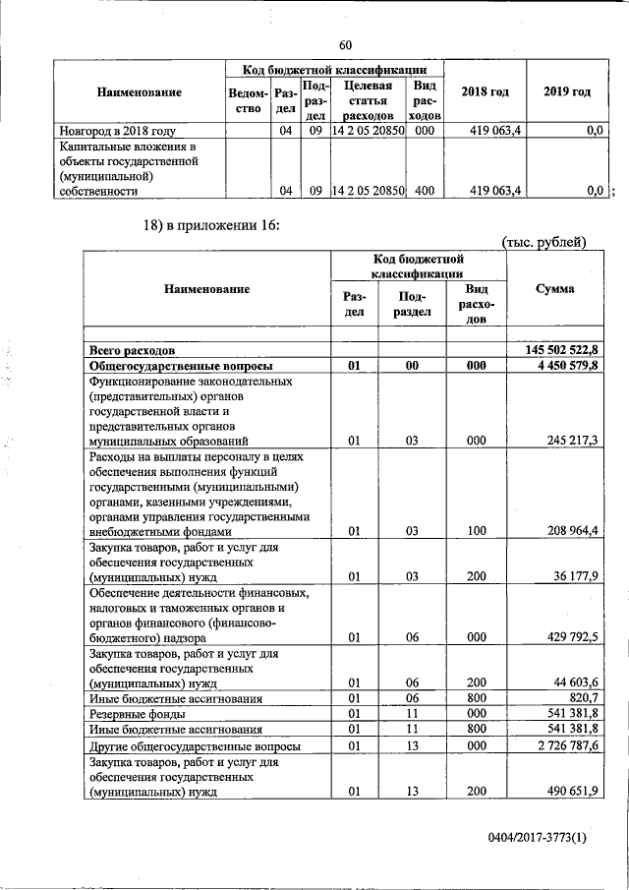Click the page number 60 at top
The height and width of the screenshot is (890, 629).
pos(345,44)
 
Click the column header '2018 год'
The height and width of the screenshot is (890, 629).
pos(486,91)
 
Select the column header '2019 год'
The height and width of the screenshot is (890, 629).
pos(567,91)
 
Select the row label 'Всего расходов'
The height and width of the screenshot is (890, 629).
pos(133,349)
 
